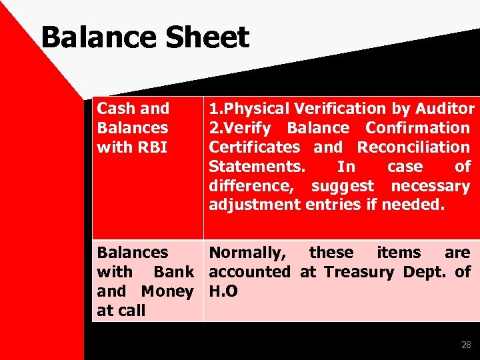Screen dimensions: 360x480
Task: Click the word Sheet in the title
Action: [207, 38]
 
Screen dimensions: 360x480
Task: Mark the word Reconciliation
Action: [413, 147]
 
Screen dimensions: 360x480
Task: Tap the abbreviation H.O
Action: [223, 291]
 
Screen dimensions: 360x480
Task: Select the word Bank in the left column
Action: [173, 272]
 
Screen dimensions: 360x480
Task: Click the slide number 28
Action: [466, 345]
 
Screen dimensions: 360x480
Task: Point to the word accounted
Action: [249, 272]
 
